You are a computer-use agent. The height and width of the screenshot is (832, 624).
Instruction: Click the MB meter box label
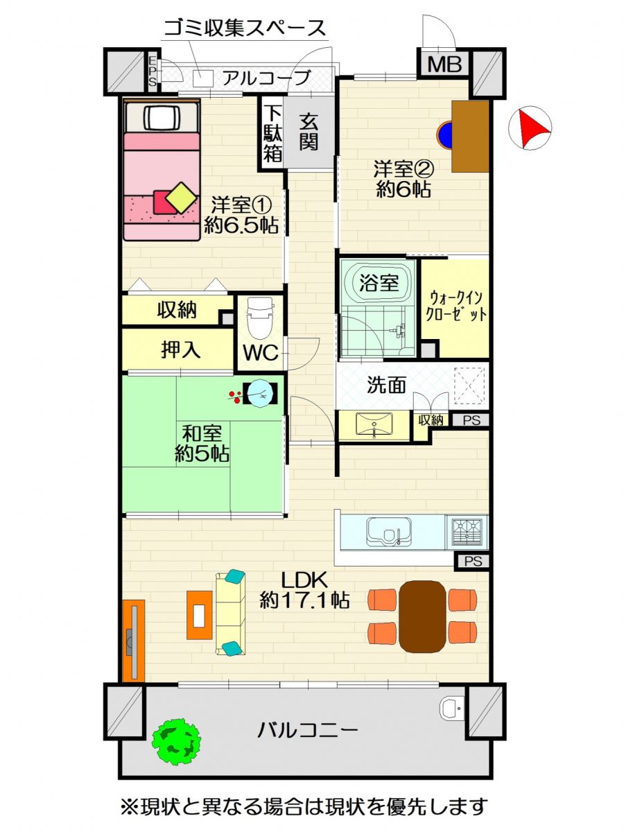click(x=444, y=64)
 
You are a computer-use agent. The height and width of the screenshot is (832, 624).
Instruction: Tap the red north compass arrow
click(x=532, y=128)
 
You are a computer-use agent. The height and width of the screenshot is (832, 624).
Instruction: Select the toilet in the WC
click(x=260, y=318)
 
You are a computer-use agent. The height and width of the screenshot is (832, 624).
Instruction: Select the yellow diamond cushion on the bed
click(x=182, y=197)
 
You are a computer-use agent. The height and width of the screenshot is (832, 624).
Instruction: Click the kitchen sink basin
click(x=389, y=531)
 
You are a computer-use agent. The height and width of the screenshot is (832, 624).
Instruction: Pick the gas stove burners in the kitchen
click(x=467, y=531)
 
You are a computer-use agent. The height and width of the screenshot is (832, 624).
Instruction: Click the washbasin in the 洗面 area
click(x=374, y=424)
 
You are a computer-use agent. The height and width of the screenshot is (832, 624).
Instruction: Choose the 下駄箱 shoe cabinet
click(x=272, y=133)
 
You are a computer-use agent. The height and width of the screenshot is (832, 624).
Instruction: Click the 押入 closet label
click(x=180, y=349)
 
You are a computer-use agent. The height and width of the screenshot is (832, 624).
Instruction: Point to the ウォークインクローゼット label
click(x=456, y=306)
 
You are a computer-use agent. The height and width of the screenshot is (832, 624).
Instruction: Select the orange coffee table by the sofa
click(x=199, y=615)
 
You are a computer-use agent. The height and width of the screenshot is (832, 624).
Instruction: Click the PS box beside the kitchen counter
click(x=474, y=561)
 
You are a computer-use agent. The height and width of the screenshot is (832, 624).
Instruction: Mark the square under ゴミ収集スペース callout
click(x=203, y=79)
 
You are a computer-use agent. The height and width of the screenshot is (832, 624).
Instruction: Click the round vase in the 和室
click(x=261, y=393)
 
